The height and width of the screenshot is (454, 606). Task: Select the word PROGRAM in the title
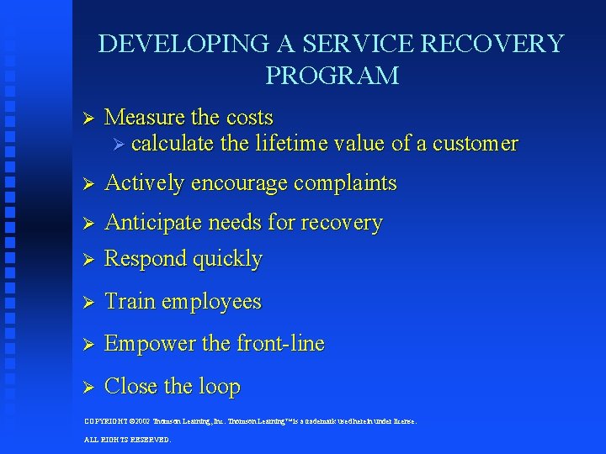click(x=332, y=76)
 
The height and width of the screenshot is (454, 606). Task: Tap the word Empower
click(x=146, y=344)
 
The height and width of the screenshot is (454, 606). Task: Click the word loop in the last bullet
click(x=220, y=387)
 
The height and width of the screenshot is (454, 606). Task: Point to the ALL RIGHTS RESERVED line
click(x=127, y=439)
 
